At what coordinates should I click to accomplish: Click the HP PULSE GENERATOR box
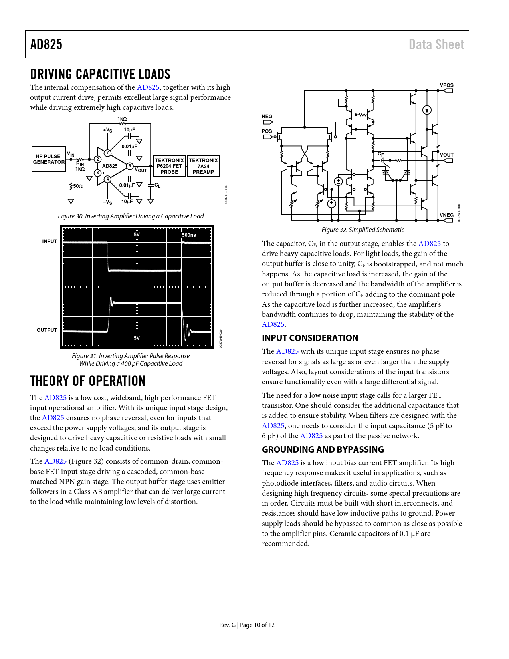click(49, 159)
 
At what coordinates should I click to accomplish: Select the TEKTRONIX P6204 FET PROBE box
click(169, 166)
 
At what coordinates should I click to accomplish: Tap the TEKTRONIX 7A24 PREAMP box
click(203, 166)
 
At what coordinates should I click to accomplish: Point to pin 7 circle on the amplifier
click(107, 153)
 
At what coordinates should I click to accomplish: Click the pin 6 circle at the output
click(130, 166)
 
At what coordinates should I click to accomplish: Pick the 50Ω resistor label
click(77, 186)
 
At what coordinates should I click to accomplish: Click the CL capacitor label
click(157, 185)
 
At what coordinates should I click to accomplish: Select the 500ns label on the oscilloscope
click(189, 235)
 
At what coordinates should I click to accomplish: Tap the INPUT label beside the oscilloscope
click(50, 242)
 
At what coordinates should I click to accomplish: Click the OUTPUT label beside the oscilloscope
click(47, 330)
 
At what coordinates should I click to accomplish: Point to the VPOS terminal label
click(446, 85)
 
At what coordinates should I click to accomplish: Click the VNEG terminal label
click(446, 215)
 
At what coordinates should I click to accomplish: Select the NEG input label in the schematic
click(267, 117)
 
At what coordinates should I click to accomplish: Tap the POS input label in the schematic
click(267, 131)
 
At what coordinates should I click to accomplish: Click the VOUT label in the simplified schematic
click(446, 155)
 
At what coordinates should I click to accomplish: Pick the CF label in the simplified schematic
click(381, 154)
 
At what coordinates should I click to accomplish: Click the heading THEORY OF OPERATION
click(87, 381)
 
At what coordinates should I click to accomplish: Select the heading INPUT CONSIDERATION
click(310, 338)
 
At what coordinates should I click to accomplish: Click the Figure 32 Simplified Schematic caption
click(362, 230)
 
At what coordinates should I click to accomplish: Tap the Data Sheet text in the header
click(436, 44)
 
